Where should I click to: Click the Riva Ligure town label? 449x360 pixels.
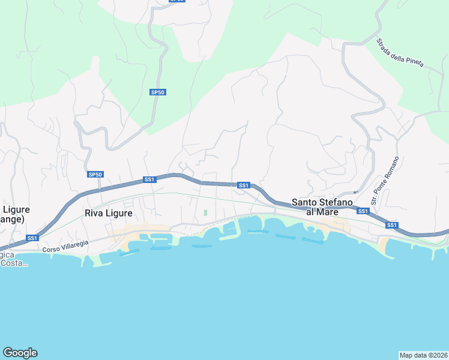click(108, 213)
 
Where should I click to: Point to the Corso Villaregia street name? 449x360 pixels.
click(65, 245)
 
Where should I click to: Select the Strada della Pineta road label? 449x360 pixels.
click(400, 53)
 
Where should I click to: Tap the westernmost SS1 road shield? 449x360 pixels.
click(32, 238)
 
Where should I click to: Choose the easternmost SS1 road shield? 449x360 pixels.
click(392, 225)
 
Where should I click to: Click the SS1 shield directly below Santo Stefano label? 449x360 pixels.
click(363, 211)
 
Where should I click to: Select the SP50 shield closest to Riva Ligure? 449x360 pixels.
click(95, 175)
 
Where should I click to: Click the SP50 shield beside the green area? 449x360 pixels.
click(157, 92)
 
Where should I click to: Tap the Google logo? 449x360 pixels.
click(20, 353)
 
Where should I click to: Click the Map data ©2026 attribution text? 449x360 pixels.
click(424, 355)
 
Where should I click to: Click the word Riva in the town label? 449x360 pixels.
click(94, 213)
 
